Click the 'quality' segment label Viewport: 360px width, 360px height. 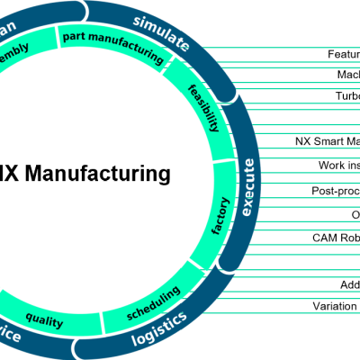click(x=43, y=318)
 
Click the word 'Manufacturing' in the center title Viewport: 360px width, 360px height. click(x=98, y=172)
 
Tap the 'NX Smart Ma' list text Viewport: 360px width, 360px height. click(x=328, y=140)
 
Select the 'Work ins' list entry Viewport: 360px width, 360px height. click(x=339, y=166)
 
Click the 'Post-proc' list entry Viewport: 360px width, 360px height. click(x=337, y=191)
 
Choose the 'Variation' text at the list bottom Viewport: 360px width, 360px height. click(x=336, y=306)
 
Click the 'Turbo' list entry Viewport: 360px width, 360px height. click(x=346, y=95)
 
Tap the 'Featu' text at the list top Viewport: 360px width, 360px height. click(x=343, y=53)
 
